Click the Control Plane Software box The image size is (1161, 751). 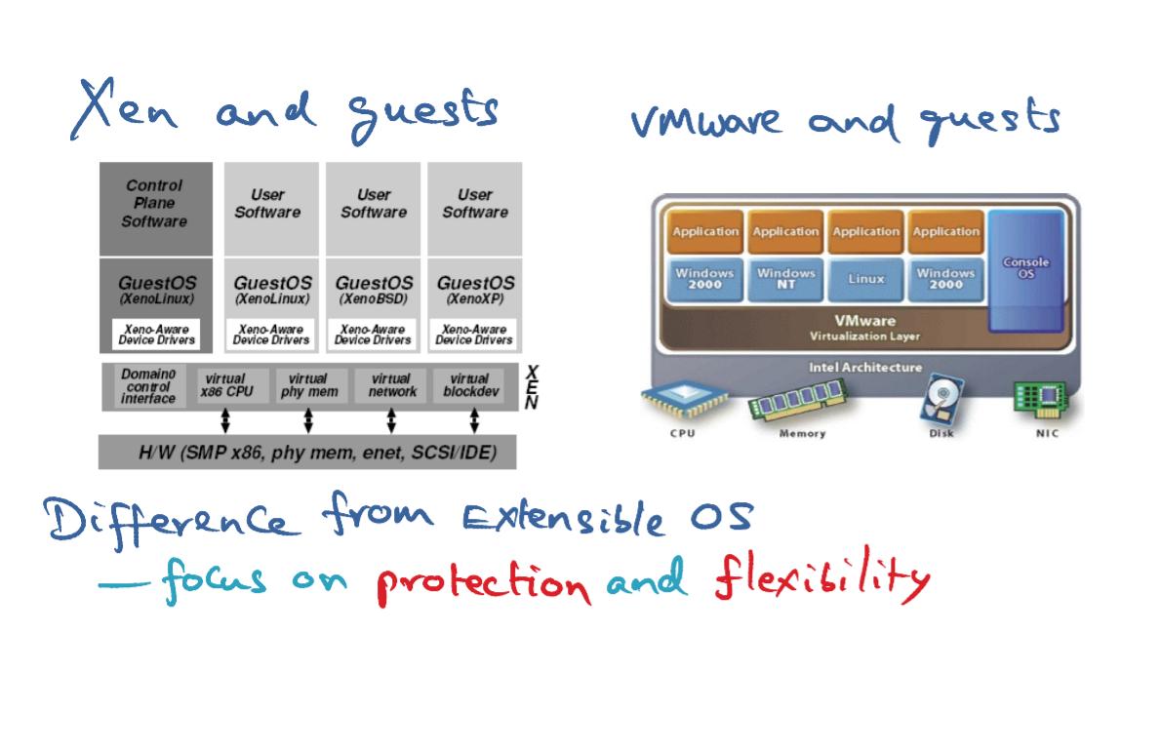click(x=156, y=209)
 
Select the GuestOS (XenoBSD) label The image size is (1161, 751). click(x=374, y=290)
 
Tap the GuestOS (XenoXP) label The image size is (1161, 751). click(x=475, y=290)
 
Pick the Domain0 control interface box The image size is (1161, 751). click(x=148, y=386)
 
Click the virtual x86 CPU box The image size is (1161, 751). click(x=226, y=385)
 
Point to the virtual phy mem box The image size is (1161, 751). click(x=309, y=385)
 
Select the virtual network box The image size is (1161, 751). click(x=391, y=385)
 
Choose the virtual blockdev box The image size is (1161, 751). click(x=471, y=385)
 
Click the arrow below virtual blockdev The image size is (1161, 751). click(x=474, y=421)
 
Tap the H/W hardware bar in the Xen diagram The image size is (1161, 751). click(x=307, y=453)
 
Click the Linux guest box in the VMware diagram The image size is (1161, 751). click(x=866, y=279)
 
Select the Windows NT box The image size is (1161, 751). click(x=785, y=279)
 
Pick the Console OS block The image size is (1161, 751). click(x=1026, y=271)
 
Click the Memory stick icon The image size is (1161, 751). click(x=797, y=400)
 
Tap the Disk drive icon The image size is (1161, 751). click(x=941, y=400)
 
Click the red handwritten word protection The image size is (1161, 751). click(x=484, y=580)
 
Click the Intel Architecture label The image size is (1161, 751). click(x=865, y=367)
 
